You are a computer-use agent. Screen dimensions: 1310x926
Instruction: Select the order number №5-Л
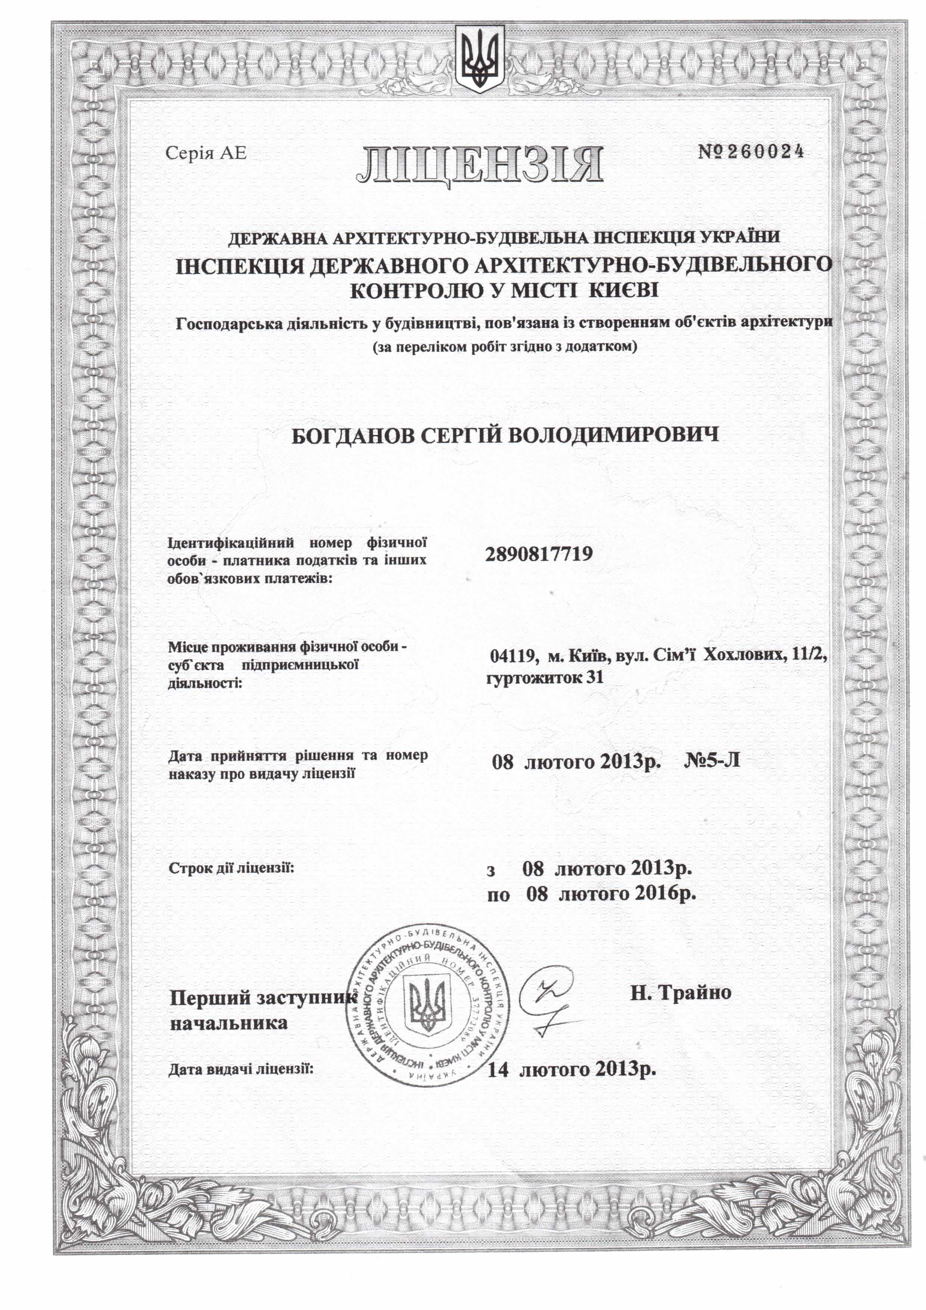712,761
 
